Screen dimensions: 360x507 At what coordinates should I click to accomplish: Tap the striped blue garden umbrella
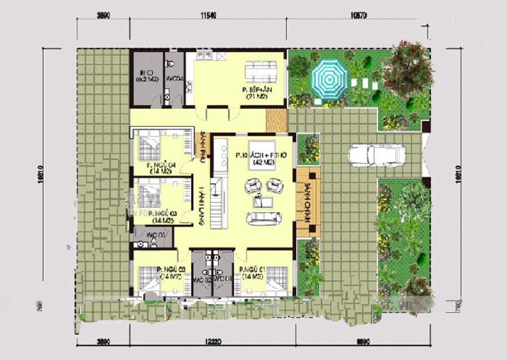pyautogui.click(x=330, y=79)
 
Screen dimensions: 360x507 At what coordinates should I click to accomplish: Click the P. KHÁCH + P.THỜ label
pyautogui.click(x=255, y=158)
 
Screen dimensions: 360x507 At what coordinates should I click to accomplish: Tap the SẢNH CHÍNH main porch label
pyautogui.click(x=308, y=202)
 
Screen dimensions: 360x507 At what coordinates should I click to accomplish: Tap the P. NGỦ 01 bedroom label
pyautogui.click(x=252, y=273)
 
